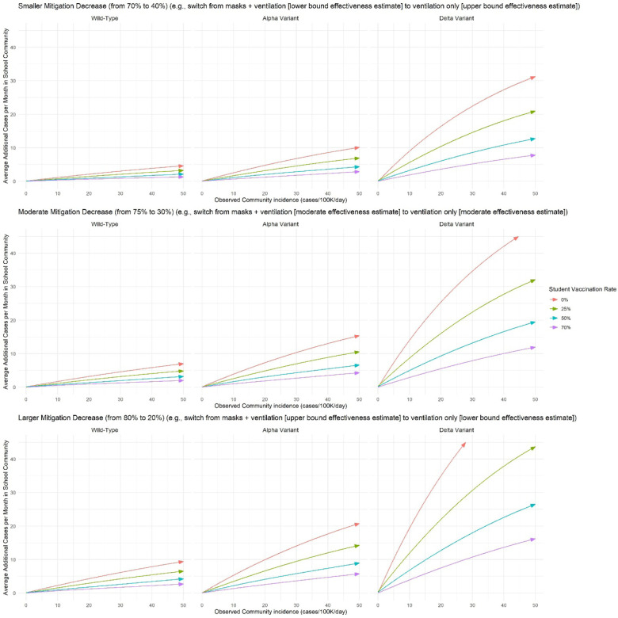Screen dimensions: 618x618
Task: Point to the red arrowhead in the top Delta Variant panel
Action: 532,77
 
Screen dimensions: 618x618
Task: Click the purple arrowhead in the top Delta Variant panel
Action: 532,155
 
